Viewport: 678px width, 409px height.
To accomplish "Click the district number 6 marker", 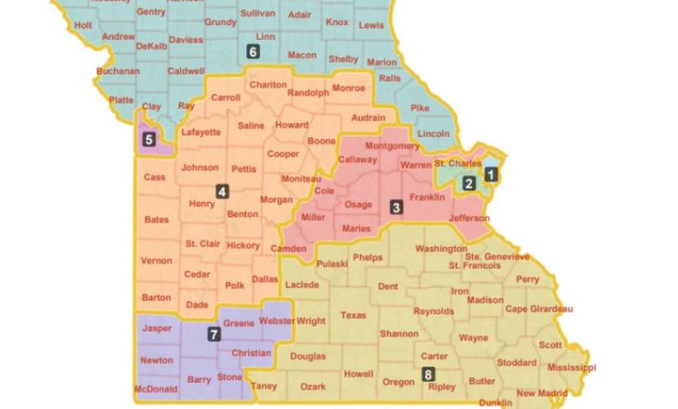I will [253, 52].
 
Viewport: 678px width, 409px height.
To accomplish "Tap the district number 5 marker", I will [150, 138].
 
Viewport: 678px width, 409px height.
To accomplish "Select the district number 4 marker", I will [223, 191].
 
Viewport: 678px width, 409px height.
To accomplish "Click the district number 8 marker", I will [428, 374].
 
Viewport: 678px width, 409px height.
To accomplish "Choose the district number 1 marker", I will [490, 173].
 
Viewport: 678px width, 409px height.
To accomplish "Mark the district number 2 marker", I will [469, 183].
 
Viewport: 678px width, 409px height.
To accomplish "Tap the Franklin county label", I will [427, 198].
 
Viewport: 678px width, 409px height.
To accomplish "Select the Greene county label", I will [239, 323].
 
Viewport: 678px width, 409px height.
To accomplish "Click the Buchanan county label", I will [118, 70].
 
